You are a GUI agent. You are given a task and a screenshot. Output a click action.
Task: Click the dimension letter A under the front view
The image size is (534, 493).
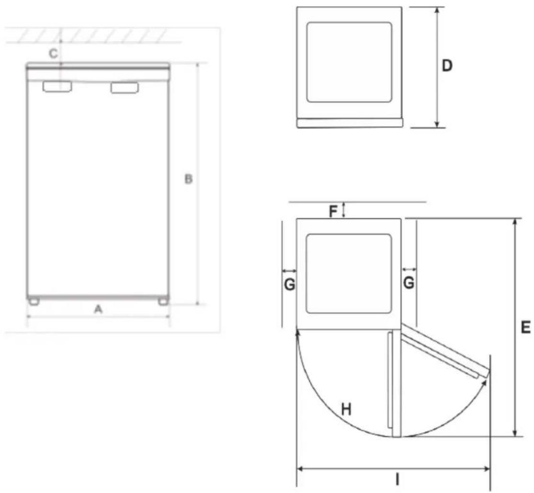point(98,310)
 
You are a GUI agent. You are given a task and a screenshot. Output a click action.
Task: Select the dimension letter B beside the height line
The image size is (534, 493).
point(188,179)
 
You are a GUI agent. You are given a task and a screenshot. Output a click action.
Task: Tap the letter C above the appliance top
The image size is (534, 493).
point(54,54)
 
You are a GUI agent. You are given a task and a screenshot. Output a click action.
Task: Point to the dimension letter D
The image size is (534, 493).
point(447,66)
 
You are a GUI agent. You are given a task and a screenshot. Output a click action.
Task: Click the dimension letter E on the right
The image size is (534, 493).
point(526,327)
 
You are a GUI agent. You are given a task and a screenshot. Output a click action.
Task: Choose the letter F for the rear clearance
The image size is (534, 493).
point(333,212)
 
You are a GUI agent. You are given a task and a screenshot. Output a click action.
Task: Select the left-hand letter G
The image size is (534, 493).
point(289,284)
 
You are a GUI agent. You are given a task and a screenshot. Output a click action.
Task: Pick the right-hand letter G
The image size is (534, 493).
point(409,283)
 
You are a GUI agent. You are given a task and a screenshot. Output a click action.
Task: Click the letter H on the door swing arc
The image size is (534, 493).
point(346,409)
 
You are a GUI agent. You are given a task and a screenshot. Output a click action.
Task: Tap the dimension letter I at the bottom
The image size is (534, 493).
point(397,480)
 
